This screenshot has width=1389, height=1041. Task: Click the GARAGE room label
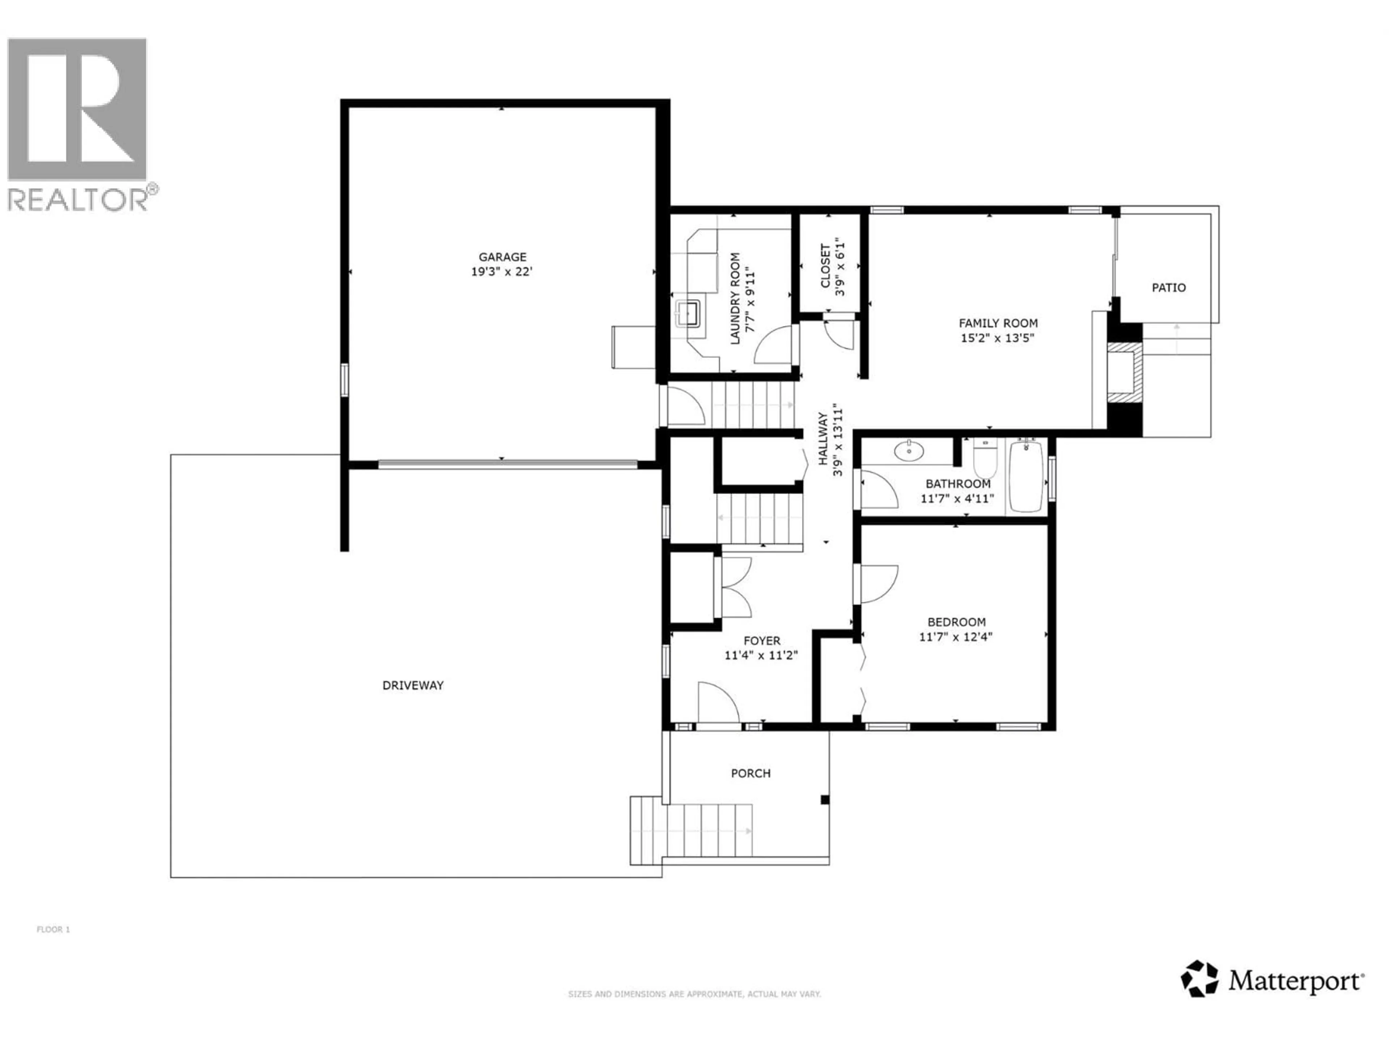pyautogui.click(x=502, y=257)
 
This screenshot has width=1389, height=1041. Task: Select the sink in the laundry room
pyautogui.click(x=688, y=314)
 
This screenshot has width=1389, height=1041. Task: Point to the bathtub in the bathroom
pyautogui.click(x=1027, y=477)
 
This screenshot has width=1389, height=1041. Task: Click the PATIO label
pyautogui.click(x=1169, y=287)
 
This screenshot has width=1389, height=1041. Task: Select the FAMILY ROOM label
pyautogui.click(x=998, y=323)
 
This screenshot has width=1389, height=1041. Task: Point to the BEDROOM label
pyautogui.click(x=956, y=622)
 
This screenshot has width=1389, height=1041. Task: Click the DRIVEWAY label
pyautogui.click(x=413, y=685)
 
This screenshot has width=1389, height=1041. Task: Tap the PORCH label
pyautogui.click(x=751, y=773)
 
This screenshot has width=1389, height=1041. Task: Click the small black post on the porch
pyautogui.click(x=825, y=800)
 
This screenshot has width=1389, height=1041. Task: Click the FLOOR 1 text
pyautogui.click(x=54, y=929)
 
